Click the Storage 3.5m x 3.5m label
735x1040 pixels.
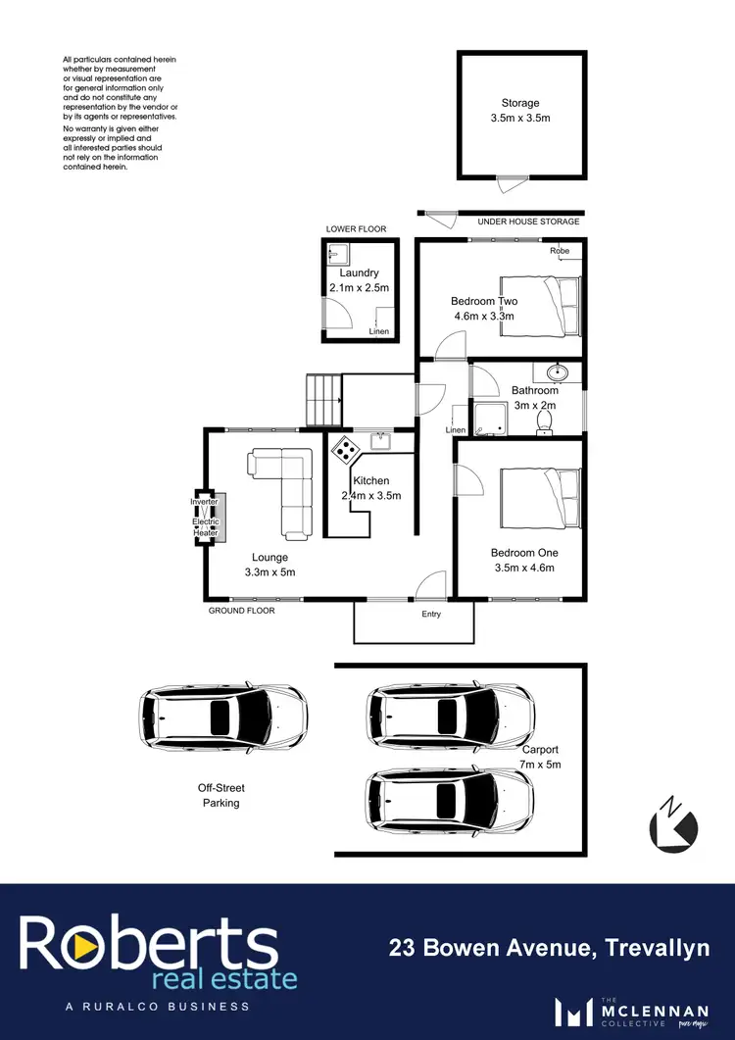(519, 110)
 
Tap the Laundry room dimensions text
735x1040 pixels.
(359, 288)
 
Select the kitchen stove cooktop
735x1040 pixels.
(346, 450)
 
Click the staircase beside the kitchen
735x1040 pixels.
(323, 399)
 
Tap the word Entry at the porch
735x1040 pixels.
(431, 615)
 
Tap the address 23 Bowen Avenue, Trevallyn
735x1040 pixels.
(548, 948)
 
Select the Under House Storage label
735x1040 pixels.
(528, 222)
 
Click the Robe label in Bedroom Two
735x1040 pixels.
(560, 252)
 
